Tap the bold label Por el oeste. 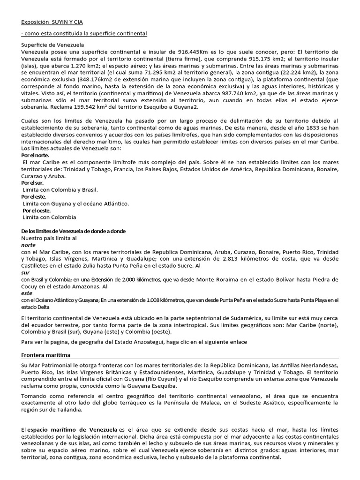pos(37,210)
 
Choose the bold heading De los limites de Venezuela pos(74,232)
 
